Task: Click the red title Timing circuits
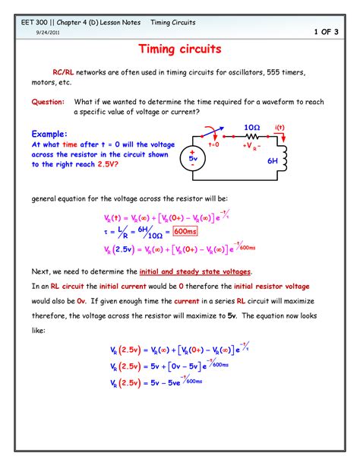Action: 180,50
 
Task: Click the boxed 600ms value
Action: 186,232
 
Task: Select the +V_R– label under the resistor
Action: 251,145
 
